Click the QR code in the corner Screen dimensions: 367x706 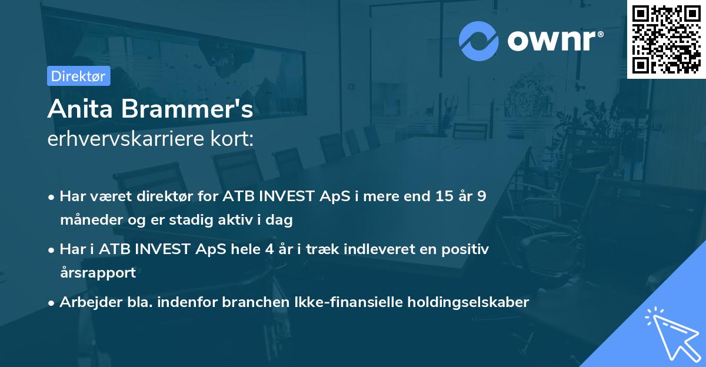point(666,39)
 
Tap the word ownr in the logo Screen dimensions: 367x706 point(555,40)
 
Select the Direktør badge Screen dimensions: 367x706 point(78,76)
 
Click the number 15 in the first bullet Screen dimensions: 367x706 point(439,196)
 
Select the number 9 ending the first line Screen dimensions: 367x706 point(482,196)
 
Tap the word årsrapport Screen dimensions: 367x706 point(98,272)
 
